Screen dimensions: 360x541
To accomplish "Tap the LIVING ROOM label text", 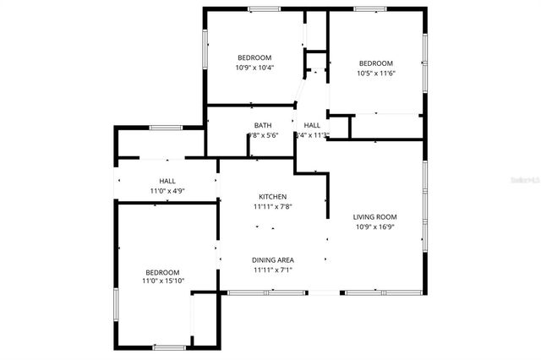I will [374, 217].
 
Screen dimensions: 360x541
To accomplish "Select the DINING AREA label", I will [272, 259].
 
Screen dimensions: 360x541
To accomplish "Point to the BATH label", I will [262, 126].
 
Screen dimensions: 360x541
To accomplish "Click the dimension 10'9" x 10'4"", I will [254, 68].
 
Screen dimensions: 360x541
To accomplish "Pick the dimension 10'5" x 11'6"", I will [375, 74].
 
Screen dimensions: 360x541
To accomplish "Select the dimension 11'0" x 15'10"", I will [162, 281].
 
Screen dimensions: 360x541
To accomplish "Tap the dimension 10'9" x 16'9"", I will [374, 226].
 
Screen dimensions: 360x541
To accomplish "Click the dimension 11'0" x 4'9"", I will [167, 191].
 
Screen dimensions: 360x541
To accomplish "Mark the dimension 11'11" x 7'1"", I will [272, 270].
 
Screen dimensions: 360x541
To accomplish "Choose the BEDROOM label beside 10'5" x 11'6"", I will [375, 63].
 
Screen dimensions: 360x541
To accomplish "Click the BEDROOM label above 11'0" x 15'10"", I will [162, 272].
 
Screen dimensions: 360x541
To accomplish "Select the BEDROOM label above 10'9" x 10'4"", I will [254, 57].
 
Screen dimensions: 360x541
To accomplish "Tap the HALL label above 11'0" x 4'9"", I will [167, 181].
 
